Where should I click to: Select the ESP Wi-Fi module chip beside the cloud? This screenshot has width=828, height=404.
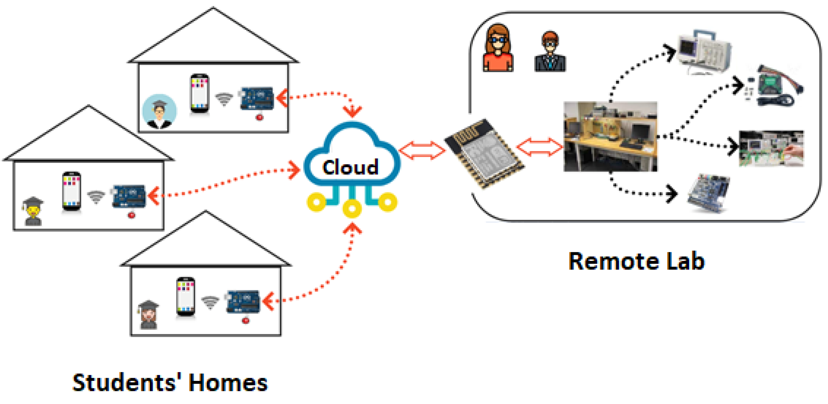[484, 154]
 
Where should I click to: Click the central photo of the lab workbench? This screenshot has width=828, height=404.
[610, 136]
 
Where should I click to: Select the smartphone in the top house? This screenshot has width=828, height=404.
[199, 93]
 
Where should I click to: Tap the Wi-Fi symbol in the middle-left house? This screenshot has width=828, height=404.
[96, 197]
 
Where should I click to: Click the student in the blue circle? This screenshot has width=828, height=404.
[159, 111]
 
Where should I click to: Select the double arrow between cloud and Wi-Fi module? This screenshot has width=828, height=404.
[422, 150]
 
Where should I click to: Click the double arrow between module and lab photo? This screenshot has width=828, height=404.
[540, 147]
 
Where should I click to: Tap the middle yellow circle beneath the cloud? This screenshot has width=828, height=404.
[352, 209]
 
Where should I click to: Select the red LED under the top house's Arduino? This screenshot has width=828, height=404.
[259, 117]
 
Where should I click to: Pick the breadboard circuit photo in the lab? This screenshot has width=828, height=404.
[771, 148]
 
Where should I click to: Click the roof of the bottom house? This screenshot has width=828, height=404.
[206, 244]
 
